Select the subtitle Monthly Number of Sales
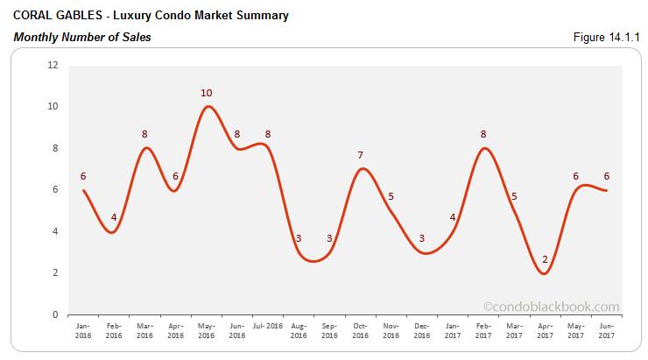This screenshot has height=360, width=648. (x=81, y=37)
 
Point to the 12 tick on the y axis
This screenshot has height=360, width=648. (x=53, y=65)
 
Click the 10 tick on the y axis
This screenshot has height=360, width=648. (x=53, y=107)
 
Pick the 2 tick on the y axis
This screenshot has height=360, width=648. (x=54, y=273)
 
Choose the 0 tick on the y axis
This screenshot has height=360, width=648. (x=54, y=314)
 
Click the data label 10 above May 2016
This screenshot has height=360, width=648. (x=207, y=92)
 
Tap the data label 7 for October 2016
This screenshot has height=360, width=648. (x=360, y=155)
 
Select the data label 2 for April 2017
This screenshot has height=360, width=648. (x=546, y=258)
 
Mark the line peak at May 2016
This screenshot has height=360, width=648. (x=207, y=107)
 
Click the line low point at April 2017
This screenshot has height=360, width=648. (x=545, y=273)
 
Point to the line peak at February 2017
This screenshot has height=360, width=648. (x=483, y=148)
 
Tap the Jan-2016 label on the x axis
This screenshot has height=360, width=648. (x=83, y=328)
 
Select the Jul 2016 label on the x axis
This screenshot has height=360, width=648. (x=268, y=324)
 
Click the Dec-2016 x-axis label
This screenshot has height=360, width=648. (x=421, y=328)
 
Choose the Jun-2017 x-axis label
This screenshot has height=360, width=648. (x=606, y=328)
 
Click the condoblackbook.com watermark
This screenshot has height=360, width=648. (x=551, y=307)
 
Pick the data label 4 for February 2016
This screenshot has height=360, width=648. (x=114, y=217)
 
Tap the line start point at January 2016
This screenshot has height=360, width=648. (x=83, y=190)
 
